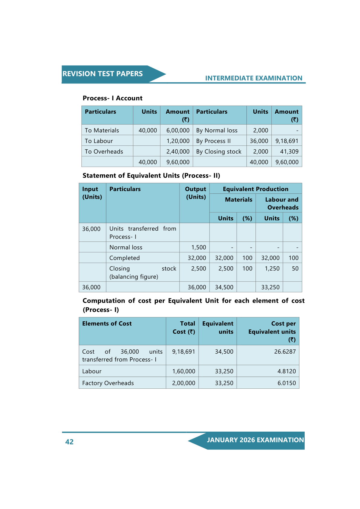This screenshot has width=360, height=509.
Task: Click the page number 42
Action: pos(69,442)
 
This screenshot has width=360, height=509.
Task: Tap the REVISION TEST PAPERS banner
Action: pos(102,74)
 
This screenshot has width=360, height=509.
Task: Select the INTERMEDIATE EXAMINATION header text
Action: pos(254,78)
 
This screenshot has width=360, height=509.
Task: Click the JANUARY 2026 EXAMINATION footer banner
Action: pos(255,440)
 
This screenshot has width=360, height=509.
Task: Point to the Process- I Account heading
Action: pos(112,98)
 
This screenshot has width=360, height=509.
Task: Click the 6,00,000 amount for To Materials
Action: pos(178,130)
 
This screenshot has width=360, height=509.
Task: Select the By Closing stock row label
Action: pos(219,151)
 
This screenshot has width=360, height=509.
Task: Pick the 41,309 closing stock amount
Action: pos(289,151)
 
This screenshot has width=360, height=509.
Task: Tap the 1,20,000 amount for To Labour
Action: pos(178,141)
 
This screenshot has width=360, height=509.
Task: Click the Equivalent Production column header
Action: pos(255,189)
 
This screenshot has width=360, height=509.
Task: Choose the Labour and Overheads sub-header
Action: pos(281,203)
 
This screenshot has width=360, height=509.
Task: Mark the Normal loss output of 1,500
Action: pos(199,247)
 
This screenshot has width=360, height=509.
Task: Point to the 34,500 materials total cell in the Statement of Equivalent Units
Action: pos(224,287)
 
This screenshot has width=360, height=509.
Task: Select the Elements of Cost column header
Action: pos(107,323)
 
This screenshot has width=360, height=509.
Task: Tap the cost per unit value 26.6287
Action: pos(285,352)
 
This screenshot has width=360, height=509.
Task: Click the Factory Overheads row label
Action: pos(108,383)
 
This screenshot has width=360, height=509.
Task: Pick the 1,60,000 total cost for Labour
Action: pos(183,371)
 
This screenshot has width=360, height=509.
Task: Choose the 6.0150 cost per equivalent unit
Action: pos(287,383)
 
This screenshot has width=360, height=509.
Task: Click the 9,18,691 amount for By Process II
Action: pos(287,141)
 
